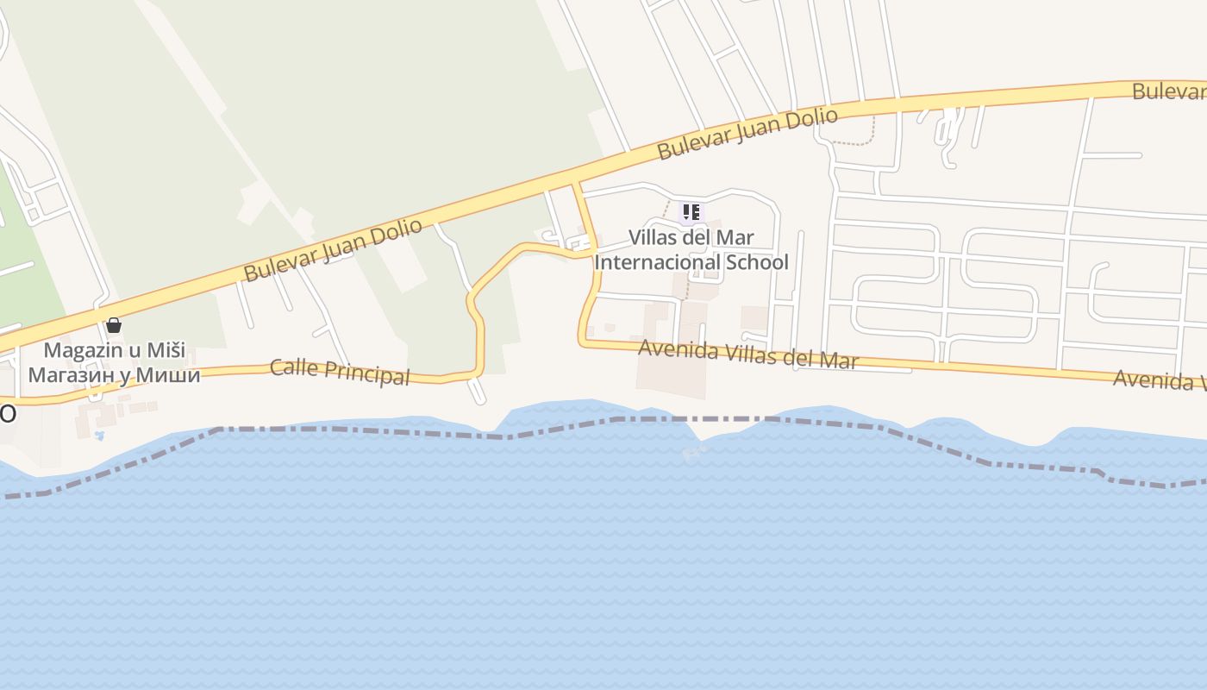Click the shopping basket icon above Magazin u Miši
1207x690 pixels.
113,325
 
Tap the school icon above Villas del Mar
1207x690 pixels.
691,211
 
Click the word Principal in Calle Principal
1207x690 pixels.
365,373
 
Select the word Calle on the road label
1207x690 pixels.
293,367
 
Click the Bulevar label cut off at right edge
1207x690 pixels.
1169,91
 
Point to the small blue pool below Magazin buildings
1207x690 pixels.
99,435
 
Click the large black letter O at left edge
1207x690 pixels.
7,414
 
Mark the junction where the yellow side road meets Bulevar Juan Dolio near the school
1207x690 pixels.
575,183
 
